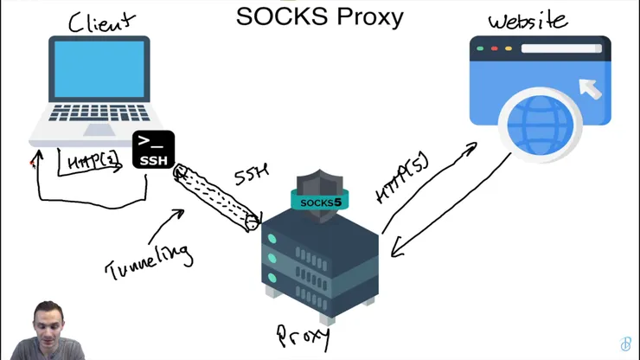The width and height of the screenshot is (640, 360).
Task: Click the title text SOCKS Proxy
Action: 319,16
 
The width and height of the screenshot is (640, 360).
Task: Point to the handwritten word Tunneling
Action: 149,260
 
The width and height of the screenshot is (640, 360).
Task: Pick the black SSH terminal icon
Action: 153,150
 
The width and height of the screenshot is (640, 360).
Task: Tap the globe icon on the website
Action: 540,125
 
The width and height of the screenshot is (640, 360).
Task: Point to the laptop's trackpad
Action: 99,130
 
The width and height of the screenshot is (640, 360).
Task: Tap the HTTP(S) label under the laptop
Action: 91,162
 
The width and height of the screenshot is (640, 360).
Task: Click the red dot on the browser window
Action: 495,48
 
